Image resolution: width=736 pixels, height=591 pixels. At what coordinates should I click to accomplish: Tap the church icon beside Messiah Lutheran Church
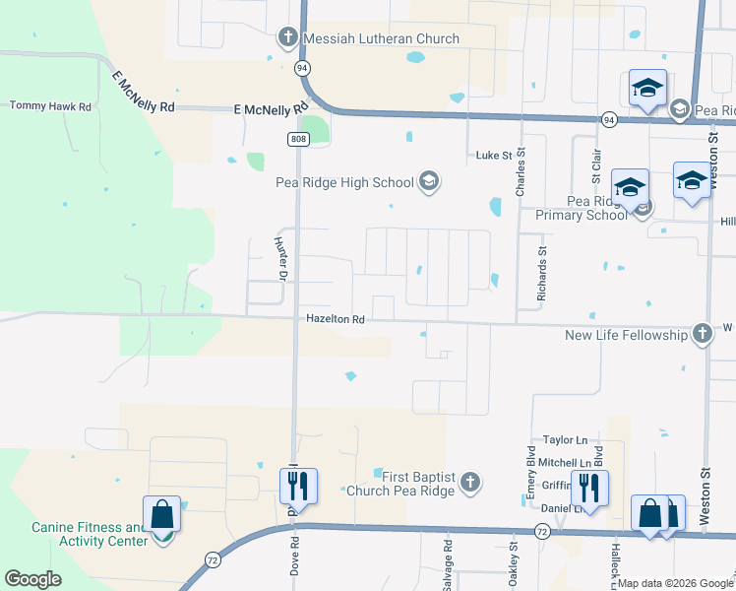coord(288,39)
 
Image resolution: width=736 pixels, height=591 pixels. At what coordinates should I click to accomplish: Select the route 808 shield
coord(298,140)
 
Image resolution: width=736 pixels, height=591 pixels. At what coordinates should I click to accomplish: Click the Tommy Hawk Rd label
coord(50,105)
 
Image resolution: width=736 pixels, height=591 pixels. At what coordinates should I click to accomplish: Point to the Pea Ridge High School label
coord(343,181)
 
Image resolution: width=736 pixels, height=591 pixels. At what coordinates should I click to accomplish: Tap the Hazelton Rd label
coord(335,319)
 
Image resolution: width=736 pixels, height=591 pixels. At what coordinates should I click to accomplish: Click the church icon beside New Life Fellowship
coord(702,335)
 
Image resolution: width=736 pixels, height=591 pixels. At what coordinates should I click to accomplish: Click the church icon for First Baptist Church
coord(470,483)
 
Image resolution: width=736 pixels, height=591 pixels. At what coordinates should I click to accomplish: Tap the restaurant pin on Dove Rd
coord(298,487)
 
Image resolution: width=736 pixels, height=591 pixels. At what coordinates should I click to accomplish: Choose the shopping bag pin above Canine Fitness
coord(161,514)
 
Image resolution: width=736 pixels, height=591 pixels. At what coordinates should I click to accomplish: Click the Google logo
coord(32,579)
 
